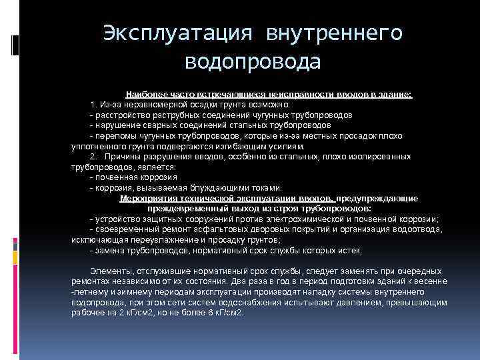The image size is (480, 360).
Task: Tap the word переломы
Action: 115,135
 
